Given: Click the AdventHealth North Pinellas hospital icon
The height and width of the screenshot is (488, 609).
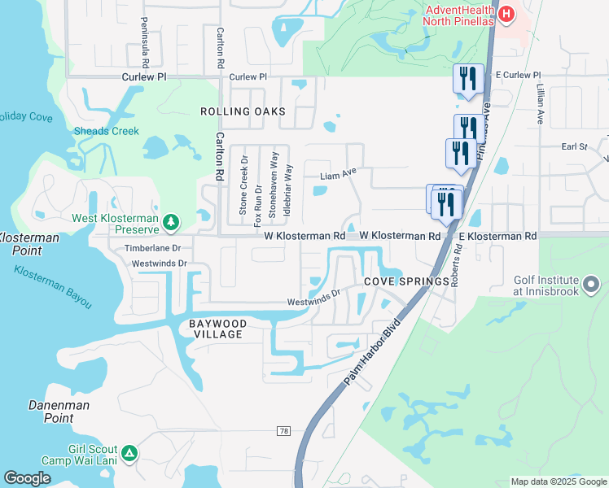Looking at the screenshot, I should point(506,13).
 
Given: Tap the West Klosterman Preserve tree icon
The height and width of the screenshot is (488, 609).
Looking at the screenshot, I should point(170,221).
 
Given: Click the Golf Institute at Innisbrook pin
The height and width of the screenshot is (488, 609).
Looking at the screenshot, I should point(591,285).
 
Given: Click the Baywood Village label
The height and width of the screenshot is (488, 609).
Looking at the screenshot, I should point(216,329).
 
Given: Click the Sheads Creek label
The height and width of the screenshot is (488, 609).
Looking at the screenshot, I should point(107,131).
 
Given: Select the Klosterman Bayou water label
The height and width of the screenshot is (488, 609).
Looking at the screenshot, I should point(53,286).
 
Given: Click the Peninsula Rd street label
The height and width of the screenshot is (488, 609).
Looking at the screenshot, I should point(145,42).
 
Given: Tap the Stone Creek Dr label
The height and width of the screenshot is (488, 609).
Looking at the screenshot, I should point(243,185).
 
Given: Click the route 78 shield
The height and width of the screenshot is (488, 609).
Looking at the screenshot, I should point(283,430).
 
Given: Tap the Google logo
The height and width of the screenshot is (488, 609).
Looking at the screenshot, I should point(27,478).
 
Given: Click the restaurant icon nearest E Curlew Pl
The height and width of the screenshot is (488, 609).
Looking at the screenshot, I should point(468,79).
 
